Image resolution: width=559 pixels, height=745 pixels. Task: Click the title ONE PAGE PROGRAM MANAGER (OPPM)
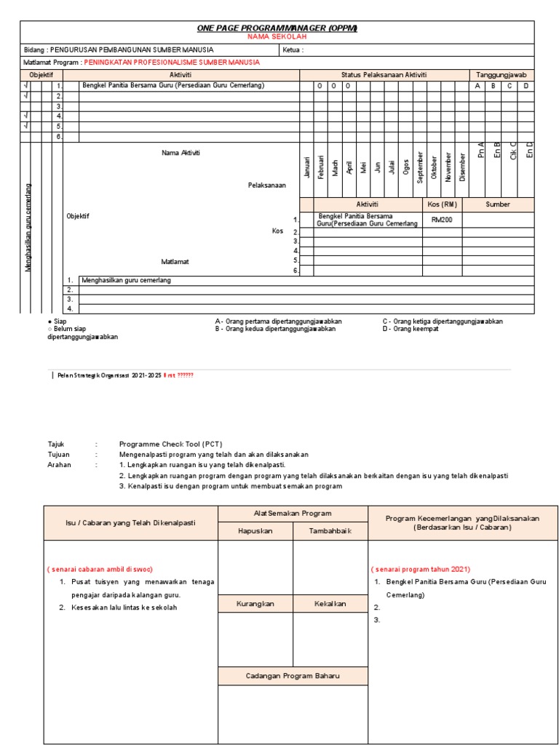click(277, 28)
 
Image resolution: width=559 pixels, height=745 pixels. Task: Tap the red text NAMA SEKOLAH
click(277, 36)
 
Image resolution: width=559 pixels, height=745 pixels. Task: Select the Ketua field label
click(292, 50)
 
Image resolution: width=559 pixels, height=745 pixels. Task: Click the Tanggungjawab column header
click(501, 75)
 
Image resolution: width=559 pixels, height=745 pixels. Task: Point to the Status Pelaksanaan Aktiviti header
click(384, 75)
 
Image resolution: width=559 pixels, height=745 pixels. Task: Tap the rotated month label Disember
click(463, 168)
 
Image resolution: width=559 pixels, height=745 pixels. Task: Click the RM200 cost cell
click(442, 219)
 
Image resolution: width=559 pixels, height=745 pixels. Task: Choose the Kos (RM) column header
click(442, 204)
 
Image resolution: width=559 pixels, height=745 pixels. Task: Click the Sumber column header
click(498, 204)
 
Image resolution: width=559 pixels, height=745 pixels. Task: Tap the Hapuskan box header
click(255, 531)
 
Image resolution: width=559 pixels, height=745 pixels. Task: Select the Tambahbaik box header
click(330, 531)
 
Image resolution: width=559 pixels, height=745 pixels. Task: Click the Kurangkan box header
click(255, 604)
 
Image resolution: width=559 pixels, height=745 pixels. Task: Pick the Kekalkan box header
click(330, 604)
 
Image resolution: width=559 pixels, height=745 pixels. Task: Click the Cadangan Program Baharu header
click(293, 676)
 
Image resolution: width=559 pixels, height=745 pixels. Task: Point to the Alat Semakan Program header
click(293, 514)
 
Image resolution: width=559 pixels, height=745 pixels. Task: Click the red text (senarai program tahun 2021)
click(421, 568)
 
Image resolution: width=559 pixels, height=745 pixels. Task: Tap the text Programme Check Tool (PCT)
click(170, 444)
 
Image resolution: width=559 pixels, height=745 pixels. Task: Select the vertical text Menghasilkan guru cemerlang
click(29, 228)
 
